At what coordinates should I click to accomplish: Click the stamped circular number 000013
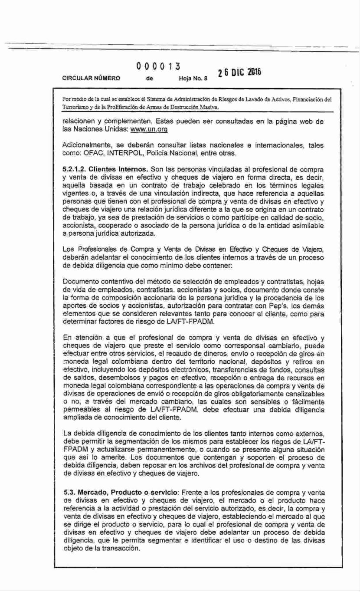pos(158,67)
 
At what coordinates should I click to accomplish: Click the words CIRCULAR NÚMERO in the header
pos(91,79)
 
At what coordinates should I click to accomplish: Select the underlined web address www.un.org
pos(149,130)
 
